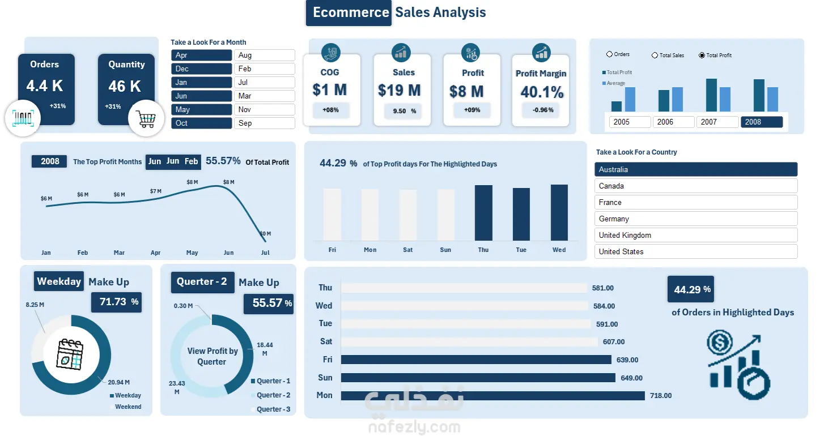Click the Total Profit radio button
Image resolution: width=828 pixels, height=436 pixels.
(x=702, y=55)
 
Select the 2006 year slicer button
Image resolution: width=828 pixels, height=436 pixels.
(x=673, y=122)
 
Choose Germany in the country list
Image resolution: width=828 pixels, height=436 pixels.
(x=695, y=219)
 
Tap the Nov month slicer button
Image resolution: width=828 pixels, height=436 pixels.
(x=264, y=109)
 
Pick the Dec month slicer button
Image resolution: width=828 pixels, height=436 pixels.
(x=201, y=69)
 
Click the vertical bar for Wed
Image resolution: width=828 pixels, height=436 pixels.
(x=559, y=212)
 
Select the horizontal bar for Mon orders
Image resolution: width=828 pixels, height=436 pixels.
(x=492, y=395)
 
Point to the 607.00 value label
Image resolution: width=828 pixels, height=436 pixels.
(x=613, y=341)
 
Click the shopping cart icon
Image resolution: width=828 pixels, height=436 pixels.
(x=146, y=119)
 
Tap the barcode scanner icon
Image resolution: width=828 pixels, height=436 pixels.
(x=23, y=118)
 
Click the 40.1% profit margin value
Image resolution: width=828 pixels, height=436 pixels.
(x=541, y=92)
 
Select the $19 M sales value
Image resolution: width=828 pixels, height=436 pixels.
(x=399, y=90)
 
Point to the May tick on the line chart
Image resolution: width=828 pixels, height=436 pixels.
(x=192, y=253)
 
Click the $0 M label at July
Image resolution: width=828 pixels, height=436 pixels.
(x=265, y=233)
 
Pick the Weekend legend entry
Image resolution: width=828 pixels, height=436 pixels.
(x=128, y=407)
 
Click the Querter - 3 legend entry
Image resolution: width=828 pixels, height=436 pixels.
(x=273, y=409)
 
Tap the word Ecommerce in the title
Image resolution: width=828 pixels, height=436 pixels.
(x=351, y=12)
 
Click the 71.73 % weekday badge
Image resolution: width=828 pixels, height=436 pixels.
(x=117, y=302)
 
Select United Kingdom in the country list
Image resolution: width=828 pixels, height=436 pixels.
(x=695, y=235)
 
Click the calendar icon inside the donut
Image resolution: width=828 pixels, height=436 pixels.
(x=70, y=354)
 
